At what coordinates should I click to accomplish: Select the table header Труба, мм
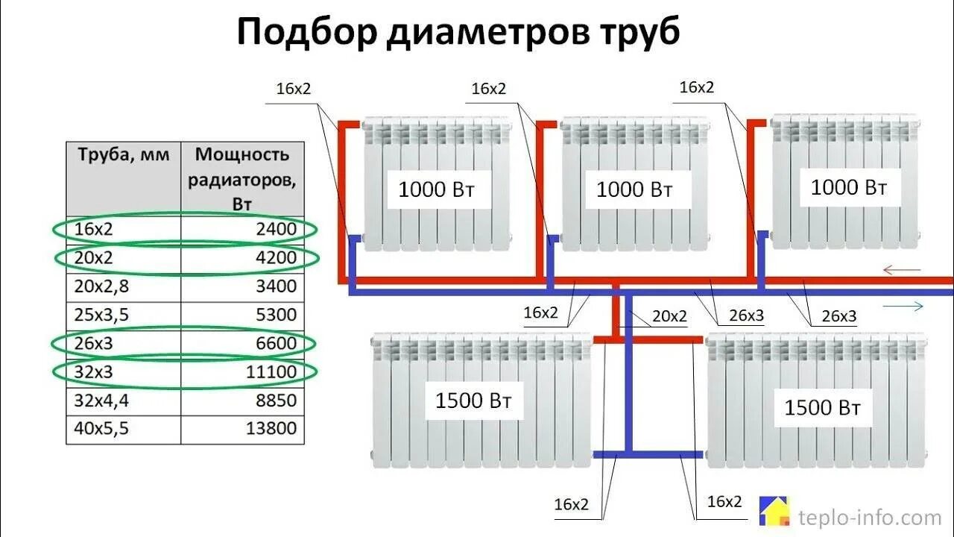click(124, 155)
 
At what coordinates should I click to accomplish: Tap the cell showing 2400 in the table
click(276, 229)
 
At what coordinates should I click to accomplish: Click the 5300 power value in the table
click(276, 315)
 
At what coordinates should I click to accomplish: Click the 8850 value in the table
click(276, 401)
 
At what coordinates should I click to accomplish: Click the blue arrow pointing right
click(902, 307)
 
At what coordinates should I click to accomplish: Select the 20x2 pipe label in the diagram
click(669, 316)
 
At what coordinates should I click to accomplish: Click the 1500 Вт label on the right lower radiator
click(822, 407)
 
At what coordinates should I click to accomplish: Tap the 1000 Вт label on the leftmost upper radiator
click(436, 189)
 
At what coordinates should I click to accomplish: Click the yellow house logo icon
click(774, 511)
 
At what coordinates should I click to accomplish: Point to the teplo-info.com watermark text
click(870, 517)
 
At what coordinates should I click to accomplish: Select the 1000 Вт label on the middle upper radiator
click(634, 189)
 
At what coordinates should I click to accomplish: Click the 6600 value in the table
click(276, 343)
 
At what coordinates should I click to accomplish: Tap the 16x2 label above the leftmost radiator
click(294, 89)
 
